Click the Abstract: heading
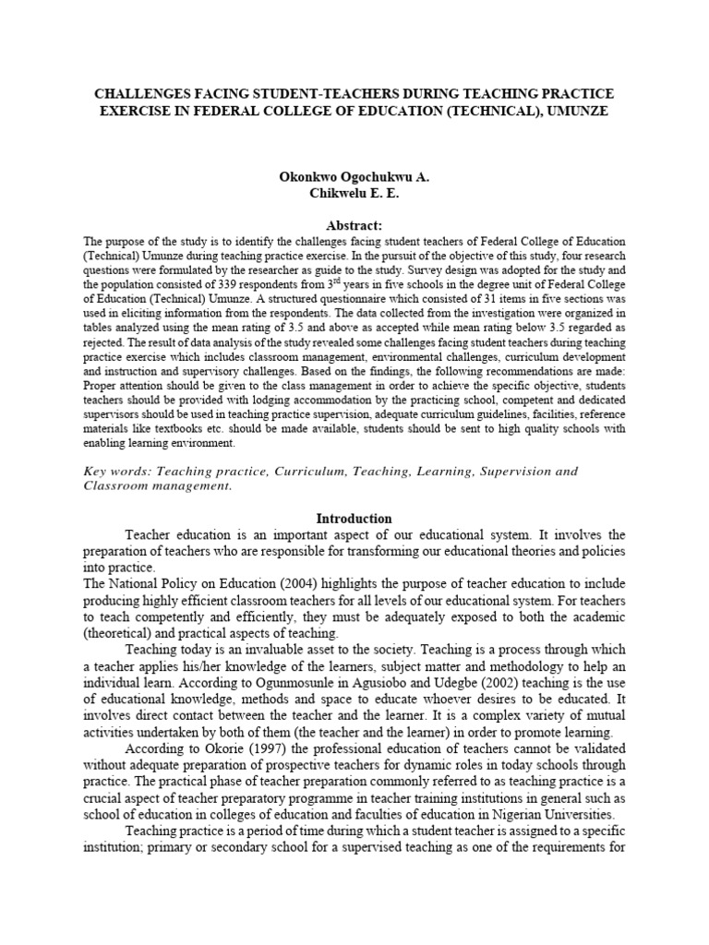pyautogui.click(x=354, y=224)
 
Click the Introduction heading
pyautogui.click(x=354, y=519)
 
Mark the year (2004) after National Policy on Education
pyautogui.click(x=278, y=583)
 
